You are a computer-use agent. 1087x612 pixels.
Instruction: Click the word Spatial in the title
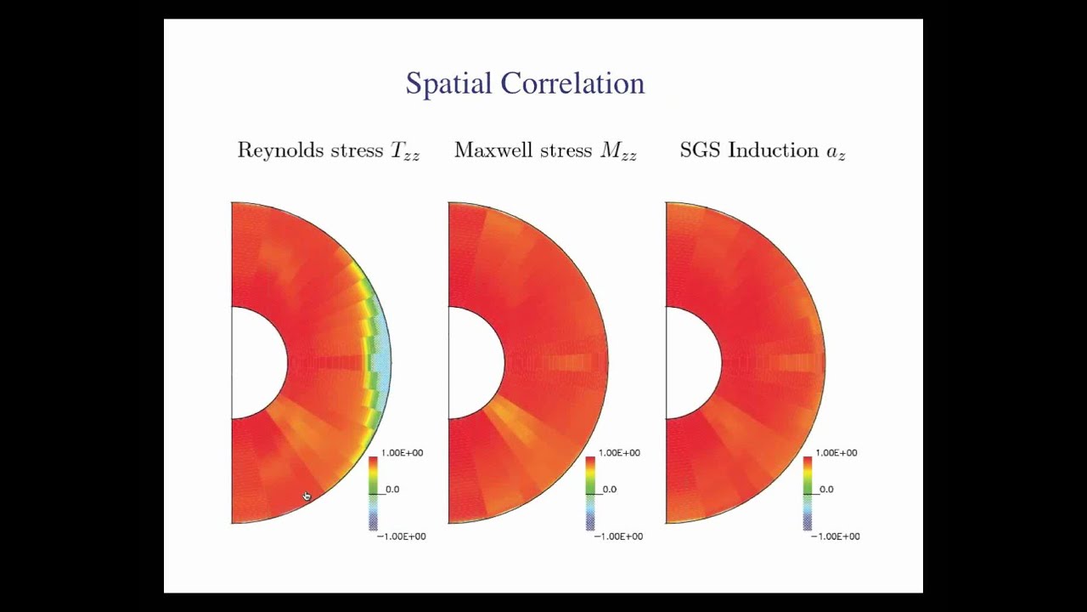point(448,84)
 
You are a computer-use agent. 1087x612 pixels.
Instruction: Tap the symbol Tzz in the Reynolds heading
point(404,152)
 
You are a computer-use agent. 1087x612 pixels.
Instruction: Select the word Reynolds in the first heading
point(279,150)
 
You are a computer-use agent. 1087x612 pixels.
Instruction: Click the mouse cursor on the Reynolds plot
point(307,496)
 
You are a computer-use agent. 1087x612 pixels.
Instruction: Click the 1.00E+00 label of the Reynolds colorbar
point(402,453)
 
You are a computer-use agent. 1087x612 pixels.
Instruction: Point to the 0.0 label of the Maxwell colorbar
point(609,490)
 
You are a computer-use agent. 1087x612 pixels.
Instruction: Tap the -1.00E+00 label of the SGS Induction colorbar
point(835,536)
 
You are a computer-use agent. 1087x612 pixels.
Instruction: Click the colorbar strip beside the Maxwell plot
point(590,493)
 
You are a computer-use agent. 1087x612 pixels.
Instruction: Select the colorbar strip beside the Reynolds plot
point(373,493)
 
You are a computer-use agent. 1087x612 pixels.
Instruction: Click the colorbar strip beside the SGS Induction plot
point(808,493)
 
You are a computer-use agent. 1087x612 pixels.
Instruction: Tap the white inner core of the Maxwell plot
point(473,363)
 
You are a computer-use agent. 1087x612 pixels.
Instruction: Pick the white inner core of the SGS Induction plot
point(690,363)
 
